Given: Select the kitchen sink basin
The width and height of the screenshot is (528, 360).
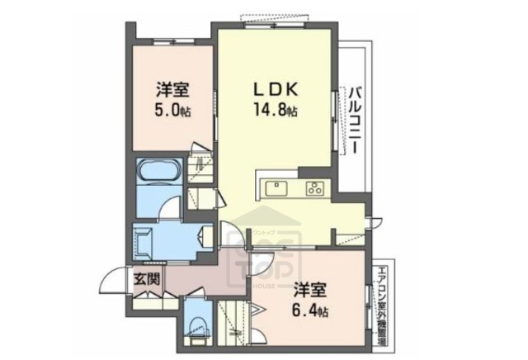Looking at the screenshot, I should point(276,188).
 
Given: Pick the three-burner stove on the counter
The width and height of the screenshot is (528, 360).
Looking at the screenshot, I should point(315,187).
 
